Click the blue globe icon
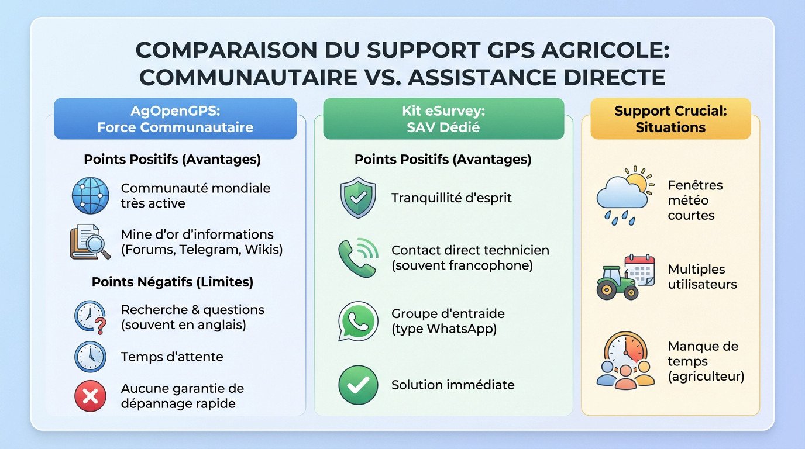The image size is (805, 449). click(90, 195)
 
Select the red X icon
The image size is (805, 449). click(90, 396)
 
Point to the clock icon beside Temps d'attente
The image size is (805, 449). click(90, 356)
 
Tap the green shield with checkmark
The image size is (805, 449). click(357, 198)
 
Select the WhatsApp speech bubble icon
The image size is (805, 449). click(357, 321)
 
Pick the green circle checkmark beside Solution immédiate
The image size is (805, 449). click(357, 385)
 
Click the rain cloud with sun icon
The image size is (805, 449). click(623, 196)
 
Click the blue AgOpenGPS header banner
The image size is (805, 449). click(175, 119)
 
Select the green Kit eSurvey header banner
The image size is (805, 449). click(443, 119)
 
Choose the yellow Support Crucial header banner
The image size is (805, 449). click(670, 119)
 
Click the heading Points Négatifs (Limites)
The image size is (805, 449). click(172, 282)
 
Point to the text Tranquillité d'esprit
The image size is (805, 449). click(451, 198)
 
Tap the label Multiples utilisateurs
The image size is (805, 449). click(702, 277)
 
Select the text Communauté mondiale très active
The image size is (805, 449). click(195, 195)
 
